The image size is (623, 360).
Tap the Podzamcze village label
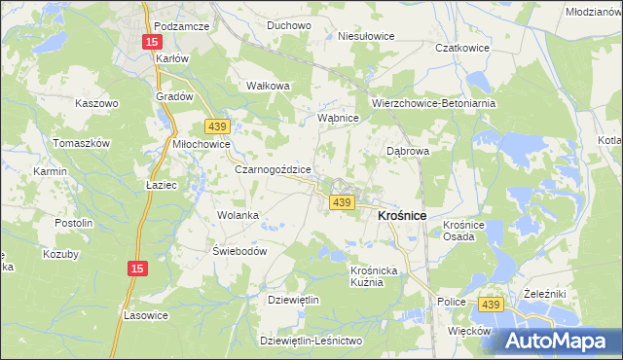pos(182,26)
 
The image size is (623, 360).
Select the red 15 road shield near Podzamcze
pos(152,43)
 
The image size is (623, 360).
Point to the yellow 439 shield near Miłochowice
pos(216,126)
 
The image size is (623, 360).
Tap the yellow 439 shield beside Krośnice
pos(341,201)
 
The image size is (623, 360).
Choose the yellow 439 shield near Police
pos(491,305)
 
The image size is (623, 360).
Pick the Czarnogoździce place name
pos(273,168)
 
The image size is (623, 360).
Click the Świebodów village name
pos(239,250)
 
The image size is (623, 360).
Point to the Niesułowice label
pos(365,36)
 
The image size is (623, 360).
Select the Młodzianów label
pos(593,11)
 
